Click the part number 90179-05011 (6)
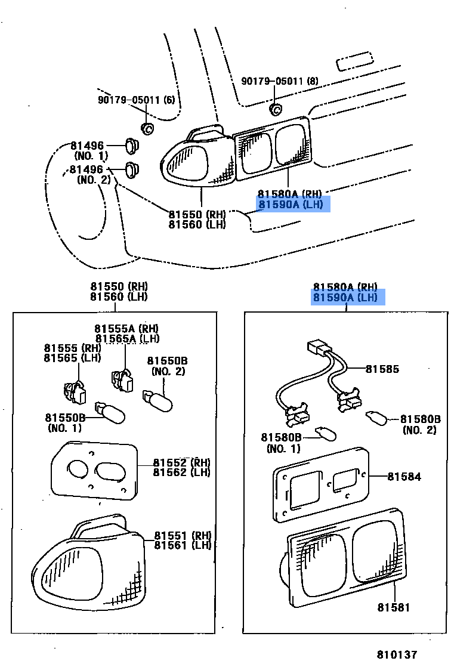pyautogui.click(x=137, y=100)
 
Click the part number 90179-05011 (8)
pyautogui.click(x=280, y=81)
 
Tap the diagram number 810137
pyautogui.click(x=396, y=654)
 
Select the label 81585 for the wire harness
pyautogui.click(x=382, y=369)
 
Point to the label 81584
pyautogui.click(x=404, y=477)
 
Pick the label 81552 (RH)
pyautogui.click(x=181, y=462)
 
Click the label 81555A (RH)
pyautogui.click(x=126, y=329)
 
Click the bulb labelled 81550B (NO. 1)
pyautogui.click(x=111, y=413)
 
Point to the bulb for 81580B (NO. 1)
pyautogui.click(x=324, y=432)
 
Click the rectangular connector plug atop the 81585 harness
pyautogui.click(x=319, y=347)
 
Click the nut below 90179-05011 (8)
pyautogui.click(x=276, y=109)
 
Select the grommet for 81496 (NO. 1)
pyautogui.click(x=132, y=145)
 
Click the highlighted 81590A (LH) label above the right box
pyautogui.click(x=348, y=297)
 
